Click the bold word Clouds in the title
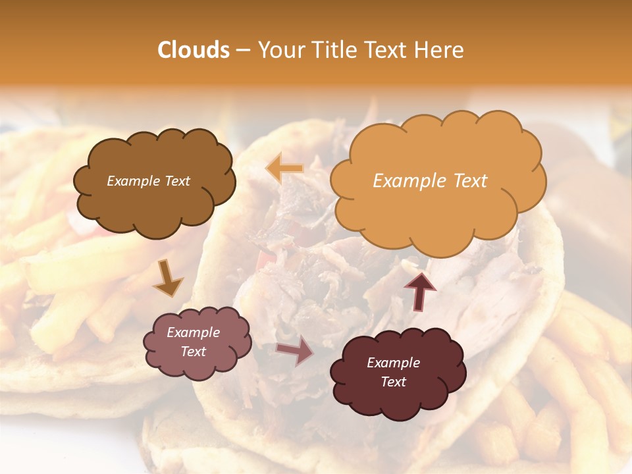pos(194,50)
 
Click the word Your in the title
pos(280,50)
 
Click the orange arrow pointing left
pos(284,169)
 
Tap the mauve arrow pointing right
pos(295,352)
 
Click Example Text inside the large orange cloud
pos(430,181)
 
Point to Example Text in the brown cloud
pos(148,181)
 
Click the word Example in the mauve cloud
pos(193,332)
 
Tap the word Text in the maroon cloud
pos(393,382)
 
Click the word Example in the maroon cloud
pos(393,363)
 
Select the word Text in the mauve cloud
pos(193,352)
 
